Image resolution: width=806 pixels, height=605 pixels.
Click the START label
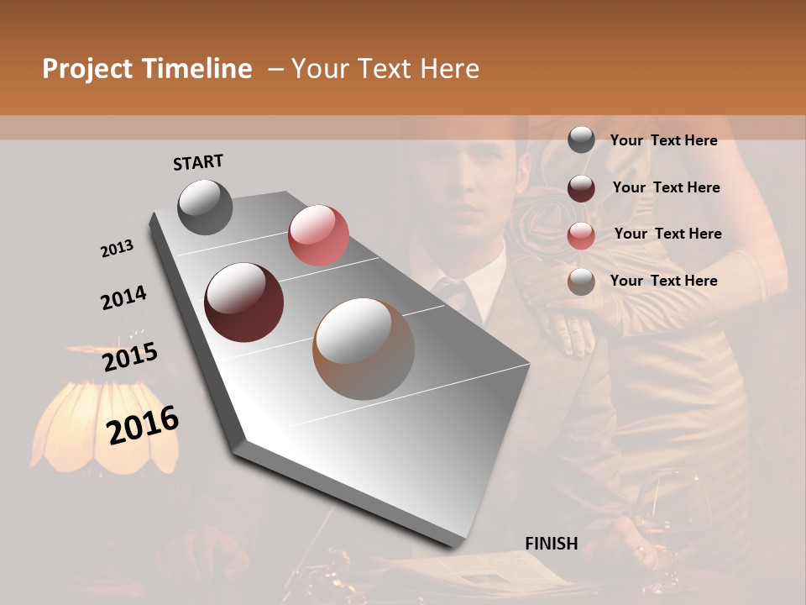[198, 162]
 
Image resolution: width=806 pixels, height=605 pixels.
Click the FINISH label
[552, 544]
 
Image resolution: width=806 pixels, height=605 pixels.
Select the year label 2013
[117, 249]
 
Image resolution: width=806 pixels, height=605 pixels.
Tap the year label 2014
[123, 298]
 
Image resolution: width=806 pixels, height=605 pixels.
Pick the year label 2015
[130, 357]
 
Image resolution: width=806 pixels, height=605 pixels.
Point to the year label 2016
[143, 425]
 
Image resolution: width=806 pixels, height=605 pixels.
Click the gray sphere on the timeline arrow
[206, 207]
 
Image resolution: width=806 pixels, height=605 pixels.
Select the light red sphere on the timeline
[318, 235]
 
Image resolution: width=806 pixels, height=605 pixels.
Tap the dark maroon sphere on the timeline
[244, 302]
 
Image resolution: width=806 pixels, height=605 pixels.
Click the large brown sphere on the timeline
[364, 349]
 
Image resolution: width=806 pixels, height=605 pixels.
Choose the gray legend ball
[581, 139]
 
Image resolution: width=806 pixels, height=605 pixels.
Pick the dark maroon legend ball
[581, 188]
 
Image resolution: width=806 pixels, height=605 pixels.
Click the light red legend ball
[581, 234]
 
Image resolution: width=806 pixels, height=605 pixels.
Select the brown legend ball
[581, 281]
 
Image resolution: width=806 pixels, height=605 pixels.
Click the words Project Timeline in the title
[147, 69]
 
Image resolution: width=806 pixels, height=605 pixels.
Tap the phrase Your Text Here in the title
[385, 69]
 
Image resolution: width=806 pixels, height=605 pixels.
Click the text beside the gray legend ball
[663, 141]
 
